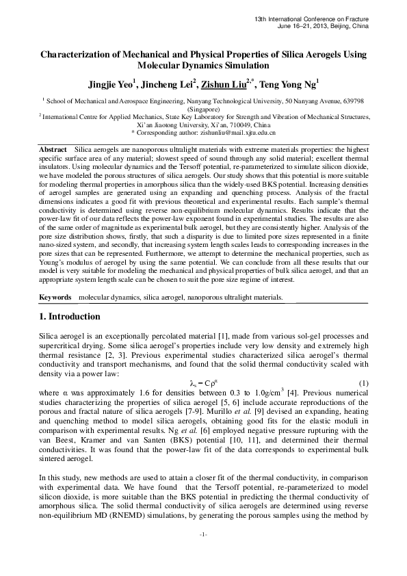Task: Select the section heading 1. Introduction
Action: [68, 317]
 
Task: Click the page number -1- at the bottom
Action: [203, 552]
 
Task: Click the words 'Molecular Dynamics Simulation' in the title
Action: [203, 67]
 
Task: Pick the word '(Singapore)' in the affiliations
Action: [203, 109]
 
